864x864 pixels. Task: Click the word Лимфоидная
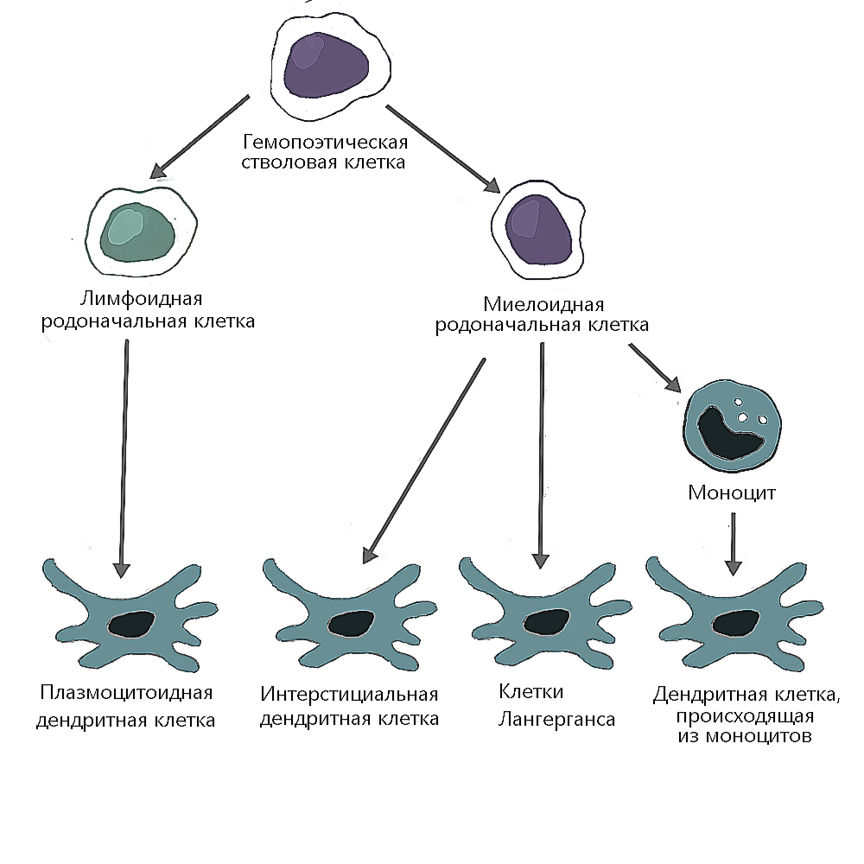pos(142,300)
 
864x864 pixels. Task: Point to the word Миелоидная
pos(543,304)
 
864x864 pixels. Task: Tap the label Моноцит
pos(733,493)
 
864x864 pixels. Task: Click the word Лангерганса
pos(557,719)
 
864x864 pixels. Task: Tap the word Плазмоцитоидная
pos(126,693)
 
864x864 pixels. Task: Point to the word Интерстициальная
pos(350,695)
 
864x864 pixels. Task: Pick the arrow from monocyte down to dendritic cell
pos(733,543)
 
